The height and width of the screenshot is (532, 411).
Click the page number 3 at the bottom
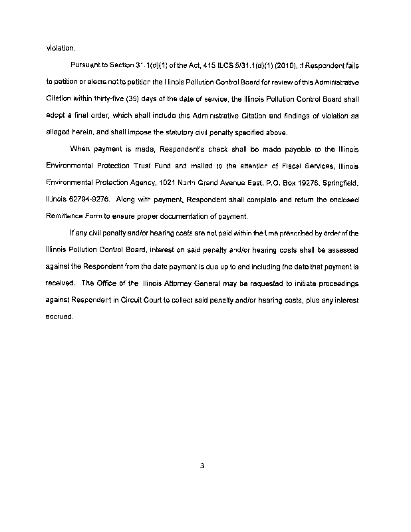(x=201, y=465)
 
